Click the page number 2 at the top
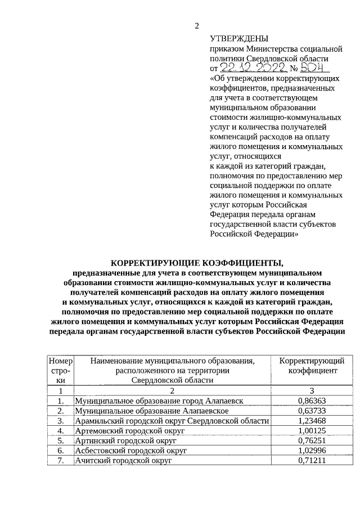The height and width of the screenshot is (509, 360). click(196, 25)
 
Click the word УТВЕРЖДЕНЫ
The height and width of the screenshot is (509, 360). click(238, 39)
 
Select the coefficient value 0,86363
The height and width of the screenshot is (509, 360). click(312, 400)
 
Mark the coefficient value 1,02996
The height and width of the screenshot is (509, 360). click(312, 451)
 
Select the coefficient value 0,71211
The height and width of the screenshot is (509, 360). click(312, 461)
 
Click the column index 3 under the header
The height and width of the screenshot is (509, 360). click(312, 390)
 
